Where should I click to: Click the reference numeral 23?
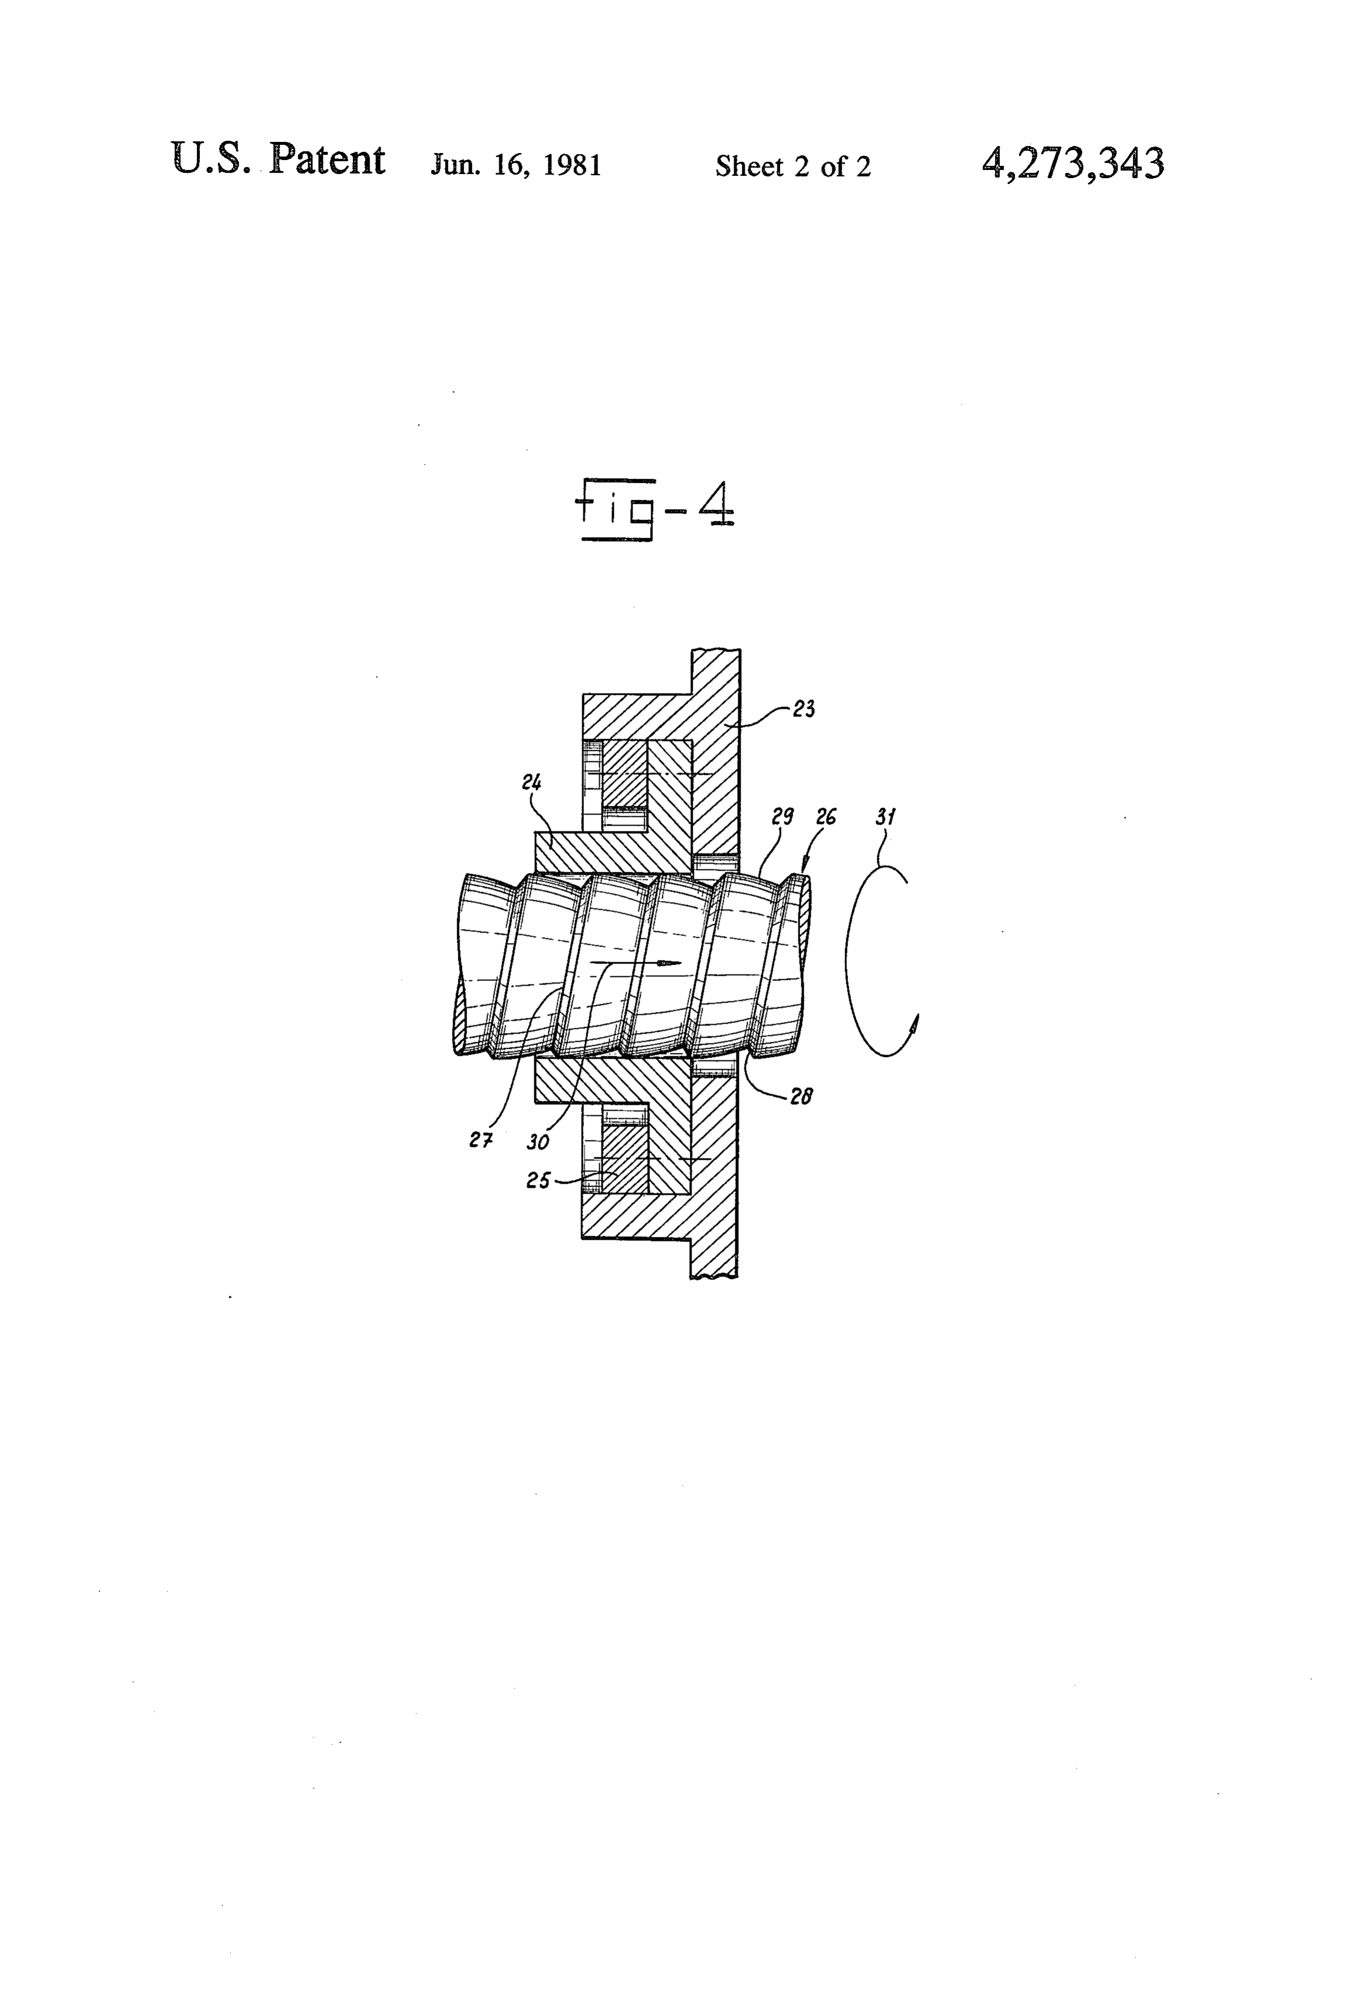click(804, 708)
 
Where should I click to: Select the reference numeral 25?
click(538, 1180)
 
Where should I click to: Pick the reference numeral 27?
click(481, 1140)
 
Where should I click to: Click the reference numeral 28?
click(801, 1096)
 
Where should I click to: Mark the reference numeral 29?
click(783, 816)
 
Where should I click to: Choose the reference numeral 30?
click(538, 1142)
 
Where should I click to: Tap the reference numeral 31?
click(885, 816)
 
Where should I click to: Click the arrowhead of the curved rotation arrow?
click(914, 1022)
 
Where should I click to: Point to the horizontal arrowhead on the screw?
click(669, 963)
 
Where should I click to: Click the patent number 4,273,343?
click(1072, 163)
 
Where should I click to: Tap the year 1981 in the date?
click(572, 165)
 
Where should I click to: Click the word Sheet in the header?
click(749, 165)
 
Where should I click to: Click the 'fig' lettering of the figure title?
click(615, 510)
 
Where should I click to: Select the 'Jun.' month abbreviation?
click(457, 165)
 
